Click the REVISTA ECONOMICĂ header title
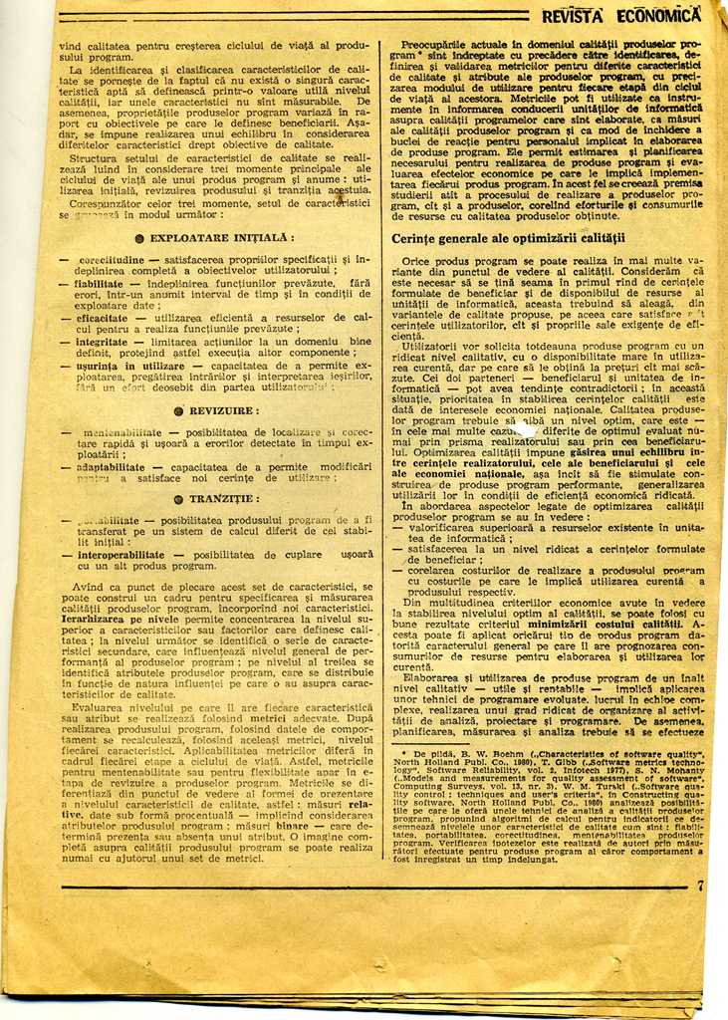[x=621, y=15]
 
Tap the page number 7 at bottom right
[x=699, y=885]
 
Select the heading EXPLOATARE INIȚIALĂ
[x=221, y=238]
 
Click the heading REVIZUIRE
[x=224, y=410]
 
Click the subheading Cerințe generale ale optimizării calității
[x=508, y=238]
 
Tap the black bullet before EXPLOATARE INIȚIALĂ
[x=139, y=239]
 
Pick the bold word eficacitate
[x=102, y=317]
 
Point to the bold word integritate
[x=102, y=341]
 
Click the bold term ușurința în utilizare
[x=130, y=366]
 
